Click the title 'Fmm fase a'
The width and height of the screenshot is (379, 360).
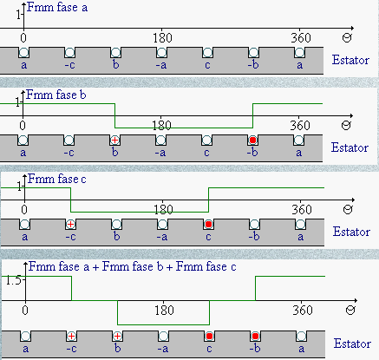(x=57, y=7)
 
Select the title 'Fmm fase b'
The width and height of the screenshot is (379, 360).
(x=56, y=95)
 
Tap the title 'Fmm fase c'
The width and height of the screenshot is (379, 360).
(x=57, y=179)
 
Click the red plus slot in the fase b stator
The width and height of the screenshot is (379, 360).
(x=114, y=141)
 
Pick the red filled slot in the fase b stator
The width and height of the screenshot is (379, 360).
(x=252, y=141)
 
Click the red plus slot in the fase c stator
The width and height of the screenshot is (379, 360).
(x=70, y=224)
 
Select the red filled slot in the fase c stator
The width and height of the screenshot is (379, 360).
(x=208, y=224)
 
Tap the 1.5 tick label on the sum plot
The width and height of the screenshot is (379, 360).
(x=13, y=280)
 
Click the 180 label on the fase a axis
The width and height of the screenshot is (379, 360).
(x=162, y=38)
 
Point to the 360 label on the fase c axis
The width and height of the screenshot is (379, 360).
(x=302, y=210)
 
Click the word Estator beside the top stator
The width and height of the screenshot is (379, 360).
(x=350, y=60)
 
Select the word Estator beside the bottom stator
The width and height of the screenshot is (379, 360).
(x=352, y=344)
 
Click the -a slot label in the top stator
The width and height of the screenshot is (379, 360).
(x=161, y=65)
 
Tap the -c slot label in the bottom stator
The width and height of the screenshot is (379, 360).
(x=71, y=349)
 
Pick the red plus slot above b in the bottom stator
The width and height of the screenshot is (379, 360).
(x=117, y=337)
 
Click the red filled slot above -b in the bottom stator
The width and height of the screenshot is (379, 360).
(x=255, y=337)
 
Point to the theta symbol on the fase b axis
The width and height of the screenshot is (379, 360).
(x=346, y=125)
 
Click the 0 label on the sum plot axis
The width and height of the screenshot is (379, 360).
(x=25, y=311)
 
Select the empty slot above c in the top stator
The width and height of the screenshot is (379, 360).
(x=207, y=53)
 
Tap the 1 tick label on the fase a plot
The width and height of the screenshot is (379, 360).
(x=18, y=15)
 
